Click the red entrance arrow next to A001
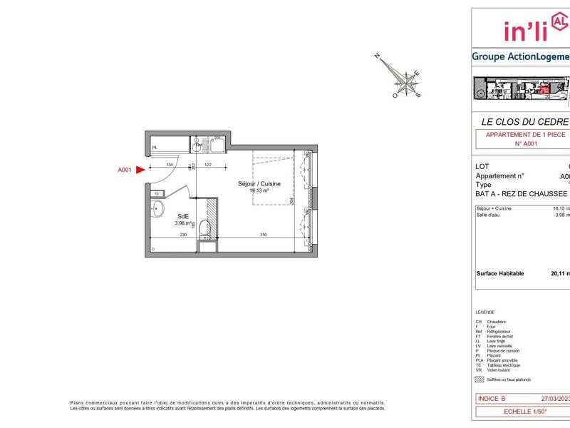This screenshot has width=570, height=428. pyautogui.click(x=140, y=170)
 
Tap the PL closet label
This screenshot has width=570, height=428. pyautogui.click(x=154, y=148)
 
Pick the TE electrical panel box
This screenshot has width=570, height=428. pyautogui.click(x=156, y=193)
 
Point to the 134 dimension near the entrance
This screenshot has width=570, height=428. pyautogui.click(x=170, y=165)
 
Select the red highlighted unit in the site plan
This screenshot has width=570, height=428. pyautogui.click(x=544, y=89)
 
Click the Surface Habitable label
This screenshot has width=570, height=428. pyautogui.click(x=499, y=273)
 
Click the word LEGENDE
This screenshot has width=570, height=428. pyautogui.click(x=485, y=313)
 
